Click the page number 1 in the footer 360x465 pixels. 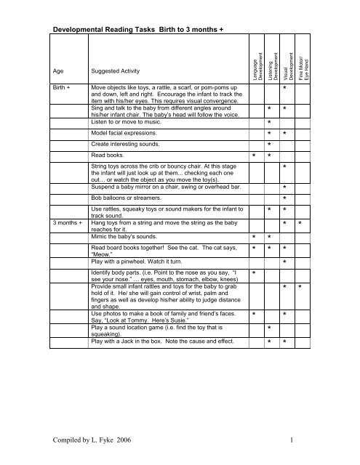(x=311, y=440)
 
